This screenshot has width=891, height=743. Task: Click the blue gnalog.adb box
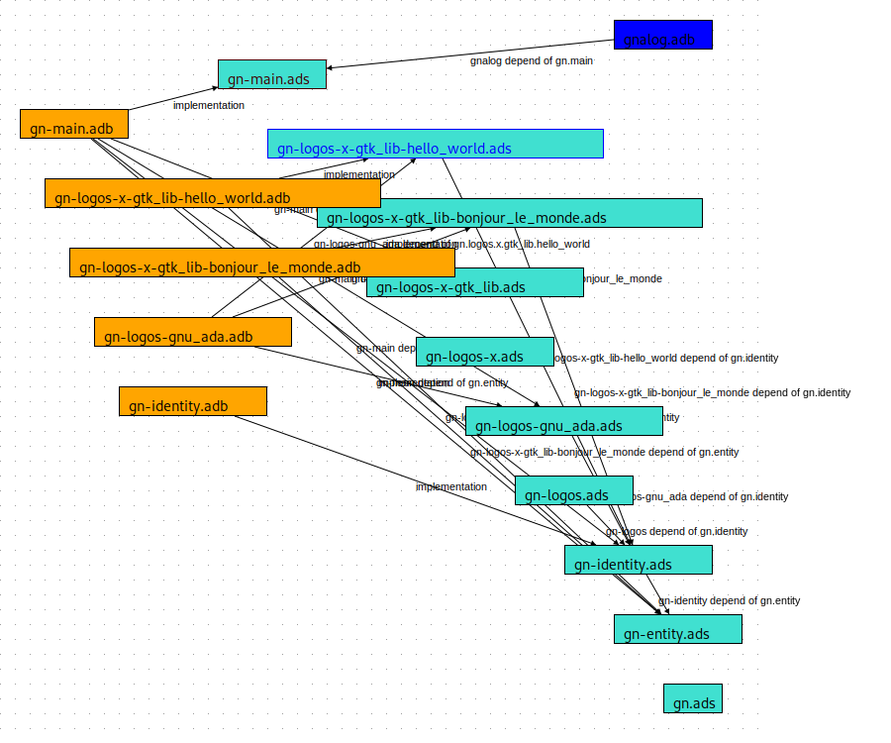pyautogui.click(x=662, y=35)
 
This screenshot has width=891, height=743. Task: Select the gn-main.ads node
pyautogui.click(x=272, y=74)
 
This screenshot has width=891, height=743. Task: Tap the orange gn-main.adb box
pyautogui.click(x=74, y=124)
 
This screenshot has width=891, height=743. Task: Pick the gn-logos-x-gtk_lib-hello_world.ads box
pyautogui.click(x=436, y=144)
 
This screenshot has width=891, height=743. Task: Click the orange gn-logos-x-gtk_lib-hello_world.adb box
pyautogui.click(x=213, y=193)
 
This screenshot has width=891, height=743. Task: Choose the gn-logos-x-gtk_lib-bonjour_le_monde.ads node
pyautogui.click(x=510, y=213)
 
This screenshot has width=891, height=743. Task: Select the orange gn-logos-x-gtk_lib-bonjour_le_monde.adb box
pyautogui.click(x=262, y=263)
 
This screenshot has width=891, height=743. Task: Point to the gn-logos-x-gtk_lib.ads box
pyautogui.click(x=475, y=282)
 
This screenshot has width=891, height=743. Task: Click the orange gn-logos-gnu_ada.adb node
pyautogui.click(x=193, y=332)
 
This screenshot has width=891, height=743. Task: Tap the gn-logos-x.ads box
pyautogui.click(x=485, y=352)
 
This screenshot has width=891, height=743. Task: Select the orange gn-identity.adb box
pyautogui.click(x=193, y=401)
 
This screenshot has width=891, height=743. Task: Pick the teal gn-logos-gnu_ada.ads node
pyautogui.click(x=564, y=421)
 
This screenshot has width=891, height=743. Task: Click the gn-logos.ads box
pyautogui.click(x=574, y=490)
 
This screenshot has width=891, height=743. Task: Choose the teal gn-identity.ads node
pyautogui.click(x=639, y=560)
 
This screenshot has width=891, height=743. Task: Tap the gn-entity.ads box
pyautogui.click(x=678, y=629)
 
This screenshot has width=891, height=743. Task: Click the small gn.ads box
pyautogui.click(x=693, y=698)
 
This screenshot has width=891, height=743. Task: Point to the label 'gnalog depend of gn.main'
pyautogui.click(x=532, y=61)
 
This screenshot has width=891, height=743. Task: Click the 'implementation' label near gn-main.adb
pyautogui.click(x=209, y=105)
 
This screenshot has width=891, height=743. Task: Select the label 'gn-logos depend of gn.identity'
pyautogui.click(x=677, y=532)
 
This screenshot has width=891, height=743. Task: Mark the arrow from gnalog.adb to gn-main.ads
pyautogui.click(x=470, y=53)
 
